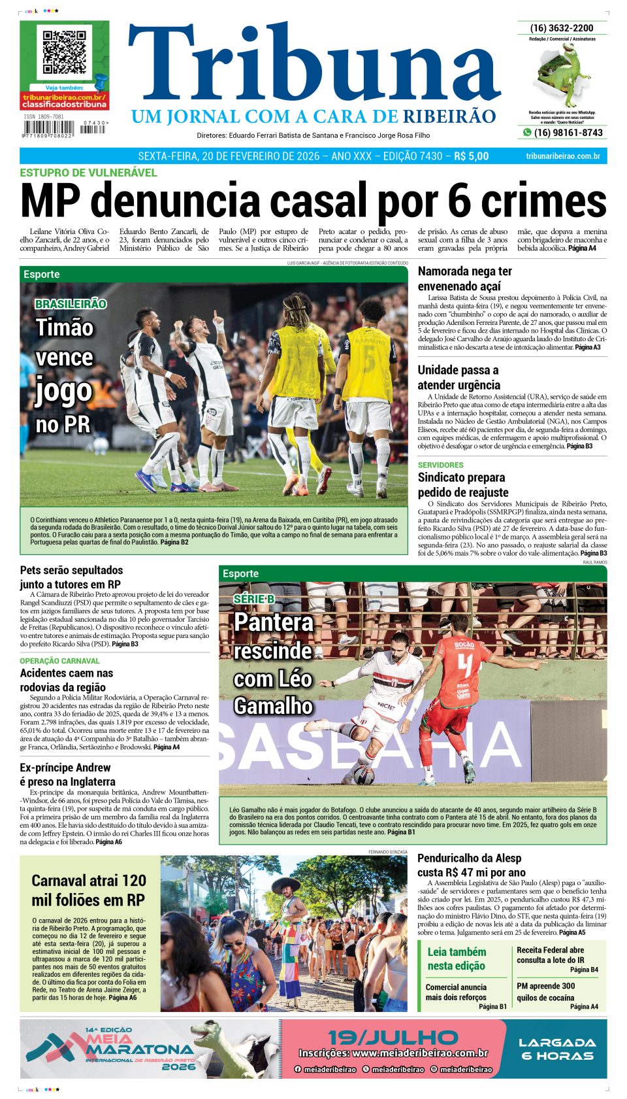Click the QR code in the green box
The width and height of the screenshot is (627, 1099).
coord(64,52)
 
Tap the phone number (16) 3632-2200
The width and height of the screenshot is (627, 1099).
coord(562,28)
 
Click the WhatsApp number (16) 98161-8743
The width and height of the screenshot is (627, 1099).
coord(568,133)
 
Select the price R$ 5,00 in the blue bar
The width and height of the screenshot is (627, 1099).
coord(471,156)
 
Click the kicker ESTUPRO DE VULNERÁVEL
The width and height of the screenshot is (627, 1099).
coord(88,173)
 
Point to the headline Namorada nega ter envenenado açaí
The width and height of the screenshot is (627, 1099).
coord(464,279)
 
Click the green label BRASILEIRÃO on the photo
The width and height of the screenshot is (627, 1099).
coord(71,304)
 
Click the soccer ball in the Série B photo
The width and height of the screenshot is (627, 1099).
coord(364,775)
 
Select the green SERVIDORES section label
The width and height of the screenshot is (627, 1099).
coord(440,465)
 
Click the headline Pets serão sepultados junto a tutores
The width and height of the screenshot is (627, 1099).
coord(71,577)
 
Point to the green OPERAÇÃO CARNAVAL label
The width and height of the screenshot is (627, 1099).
coord(59,661)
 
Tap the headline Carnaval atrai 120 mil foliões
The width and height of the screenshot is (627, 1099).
coord(89,890)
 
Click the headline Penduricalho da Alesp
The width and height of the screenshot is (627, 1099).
coord(469,865)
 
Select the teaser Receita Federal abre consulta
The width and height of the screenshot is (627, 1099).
coord(551,955)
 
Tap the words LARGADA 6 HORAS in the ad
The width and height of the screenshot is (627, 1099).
coord(556,1049)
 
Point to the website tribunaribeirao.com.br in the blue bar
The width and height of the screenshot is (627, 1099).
coord(562,156)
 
